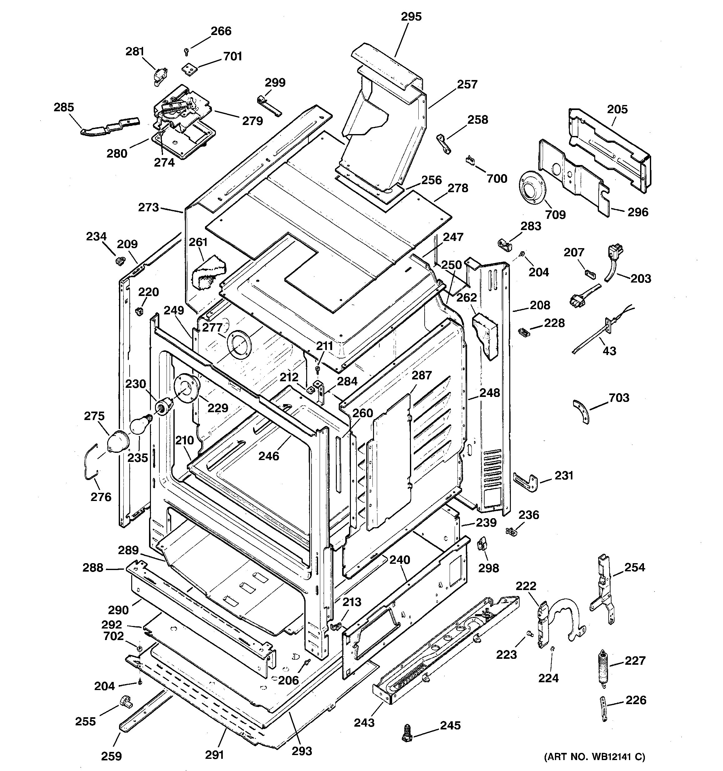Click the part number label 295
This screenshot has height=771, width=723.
pos(411,17)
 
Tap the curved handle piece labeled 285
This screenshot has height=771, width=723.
pos(108,127)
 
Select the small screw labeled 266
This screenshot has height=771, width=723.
pos(187,51)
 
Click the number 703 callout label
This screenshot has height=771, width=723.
pos(619,398)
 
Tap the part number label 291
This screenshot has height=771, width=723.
pos(214,754)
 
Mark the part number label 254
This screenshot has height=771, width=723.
pos(635,568)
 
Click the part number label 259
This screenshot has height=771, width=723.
pos(111,756)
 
